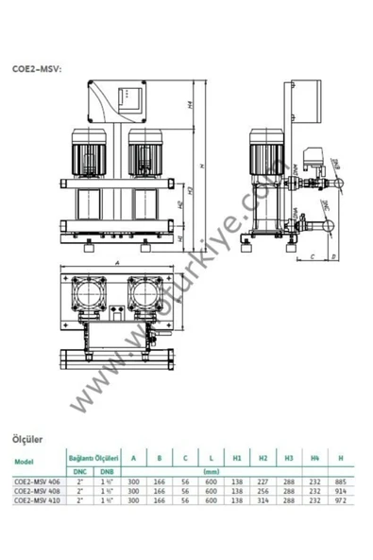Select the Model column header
26,461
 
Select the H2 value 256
263,490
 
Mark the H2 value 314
263,500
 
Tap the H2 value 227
263,481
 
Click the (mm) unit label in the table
212,470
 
